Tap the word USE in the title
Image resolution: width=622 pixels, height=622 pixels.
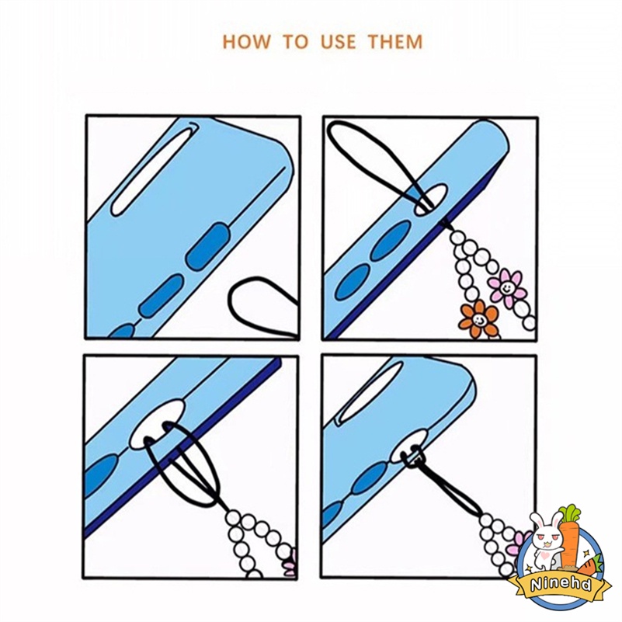[339, 42]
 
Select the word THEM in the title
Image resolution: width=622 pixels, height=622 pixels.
[395, 42]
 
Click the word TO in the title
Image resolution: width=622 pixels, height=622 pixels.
[295, 42]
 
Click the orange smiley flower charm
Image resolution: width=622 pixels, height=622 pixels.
[478, 318]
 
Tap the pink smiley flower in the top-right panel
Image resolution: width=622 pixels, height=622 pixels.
[507, 288]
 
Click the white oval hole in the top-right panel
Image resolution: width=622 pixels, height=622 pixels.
[431, 199]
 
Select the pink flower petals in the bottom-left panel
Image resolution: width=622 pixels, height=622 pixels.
[290, 562]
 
